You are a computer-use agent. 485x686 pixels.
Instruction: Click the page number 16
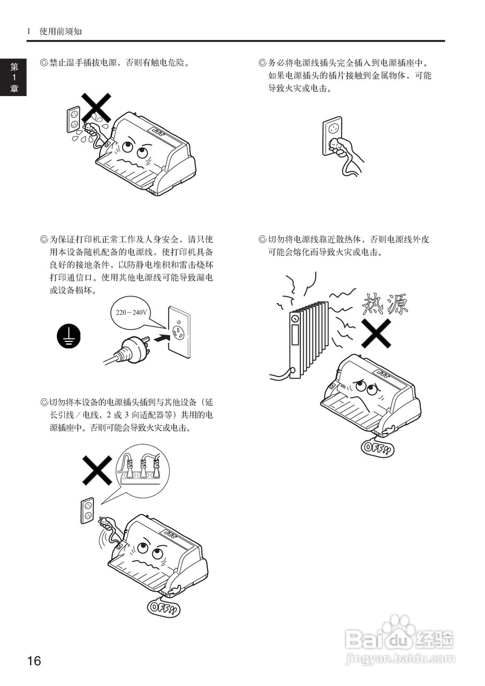[34, 660]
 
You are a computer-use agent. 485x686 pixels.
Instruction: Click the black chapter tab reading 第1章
[13, 78]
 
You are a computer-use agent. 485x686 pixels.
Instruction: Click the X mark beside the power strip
[97, 471]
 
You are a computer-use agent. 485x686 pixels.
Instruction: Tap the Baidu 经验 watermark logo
[399, 638]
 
